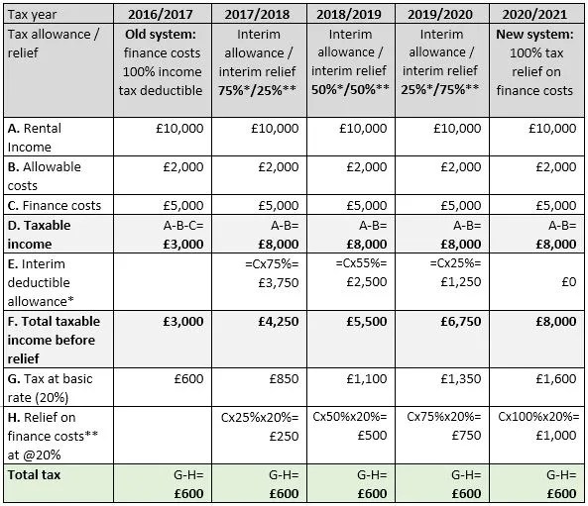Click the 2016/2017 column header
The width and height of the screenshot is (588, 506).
point(164,15)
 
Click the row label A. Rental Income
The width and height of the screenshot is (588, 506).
point(38,137)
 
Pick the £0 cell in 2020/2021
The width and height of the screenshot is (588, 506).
point(565,281)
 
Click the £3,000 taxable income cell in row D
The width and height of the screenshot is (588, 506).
point(181,244)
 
